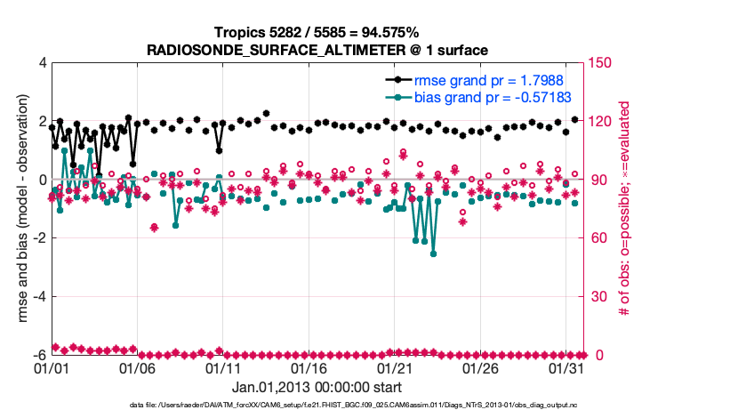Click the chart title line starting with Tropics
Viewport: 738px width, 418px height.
(x=317, y=33)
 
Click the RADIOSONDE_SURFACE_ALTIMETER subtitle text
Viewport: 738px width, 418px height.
(x=317, y=51)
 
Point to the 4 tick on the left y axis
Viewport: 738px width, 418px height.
(x=42, y=63)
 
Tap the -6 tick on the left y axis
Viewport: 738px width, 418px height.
(x=39, y=355)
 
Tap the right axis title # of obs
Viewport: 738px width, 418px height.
(x=626, y=209)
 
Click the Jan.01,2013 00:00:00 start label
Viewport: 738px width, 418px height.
(x=317, y=388)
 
